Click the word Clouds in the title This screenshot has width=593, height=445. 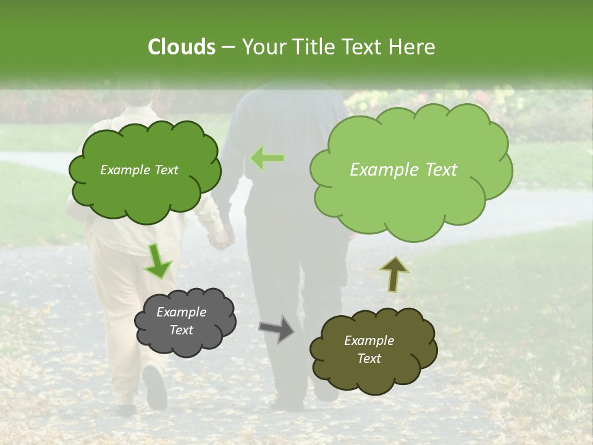tap(182, 47)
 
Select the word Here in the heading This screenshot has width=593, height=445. tap(412, 47)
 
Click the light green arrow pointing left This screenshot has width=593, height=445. tap(267, 158)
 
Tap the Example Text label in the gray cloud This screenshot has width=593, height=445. tap(182, 321)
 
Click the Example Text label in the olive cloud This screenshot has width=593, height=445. tap(369, 349)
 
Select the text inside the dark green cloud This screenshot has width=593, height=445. tap(140, 170)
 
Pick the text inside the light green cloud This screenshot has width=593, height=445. tap(403, 170)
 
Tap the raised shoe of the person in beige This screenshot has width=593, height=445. tap(154, 387)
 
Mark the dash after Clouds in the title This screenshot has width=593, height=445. tap(227, 48)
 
